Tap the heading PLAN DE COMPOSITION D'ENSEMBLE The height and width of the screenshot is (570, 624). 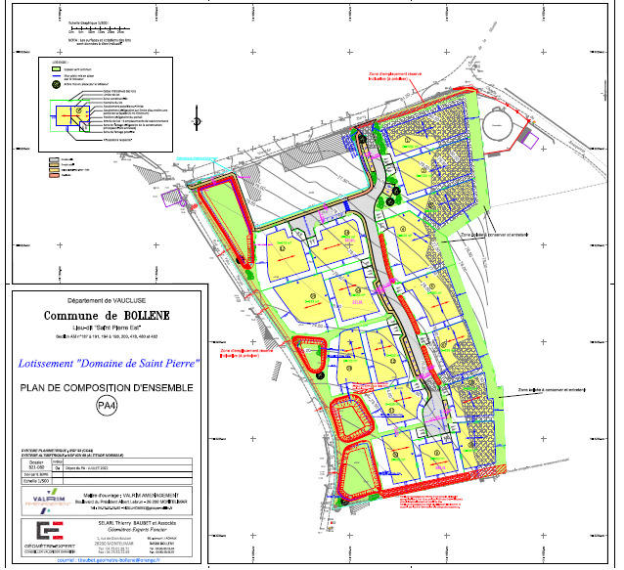click(x=108, y=388)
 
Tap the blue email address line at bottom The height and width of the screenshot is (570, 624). click(x=106, y=561)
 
